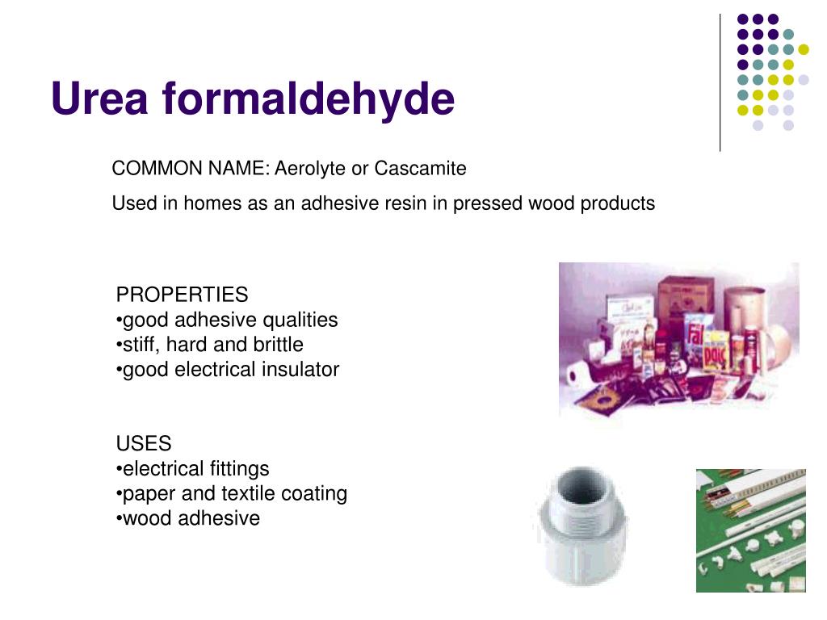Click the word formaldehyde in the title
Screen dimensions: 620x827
coord(308,99)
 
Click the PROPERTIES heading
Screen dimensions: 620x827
coord(182,295)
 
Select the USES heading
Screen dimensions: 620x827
coord(144,444)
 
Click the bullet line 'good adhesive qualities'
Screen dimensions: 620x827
coord(227,320)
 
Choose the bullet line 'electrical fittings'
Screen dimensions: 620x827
coord(193,469)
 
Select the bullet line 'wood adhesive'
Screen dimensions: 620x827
coord(188,518)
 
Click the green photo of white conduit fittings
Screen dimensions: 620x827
coord(750,530)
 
